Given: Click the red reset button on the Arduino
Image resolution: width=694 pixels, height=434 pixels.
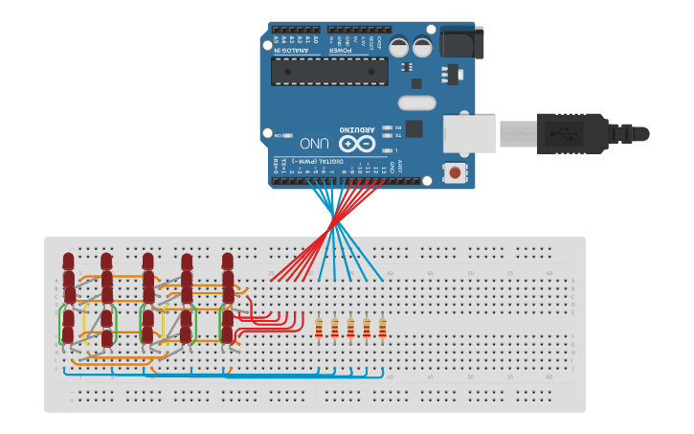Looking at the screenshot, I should point(455,172).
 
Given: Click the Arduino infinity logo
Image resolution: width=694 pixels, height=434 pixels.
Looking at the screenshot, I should point(356,144).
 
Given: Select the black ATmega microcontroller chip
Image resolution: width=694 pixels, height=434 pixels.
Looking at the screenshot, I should point(329,71).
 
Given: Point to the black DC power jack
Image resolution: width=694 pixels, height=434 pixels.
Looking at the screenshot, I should point(461,42).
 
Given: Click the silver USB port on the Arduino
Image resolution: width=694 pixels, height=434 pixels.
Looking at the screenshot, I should point(469,133).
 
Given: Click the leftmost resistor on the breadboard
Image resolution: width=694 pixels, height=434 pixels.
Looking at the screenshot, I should point(319,328).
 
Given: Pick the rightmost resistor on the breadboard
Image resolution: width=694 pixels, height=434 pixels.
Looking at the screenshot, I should point(382,328).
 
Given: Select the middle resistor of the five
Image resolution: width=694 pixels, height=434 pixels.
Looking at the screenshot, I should point(350,328).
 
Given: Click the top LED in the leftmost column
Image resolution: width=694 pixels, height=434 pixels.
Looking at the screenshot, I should point(68,262).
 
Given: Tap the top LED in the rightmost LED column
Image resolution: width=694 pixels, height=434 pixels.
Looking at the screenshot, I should point(227,262).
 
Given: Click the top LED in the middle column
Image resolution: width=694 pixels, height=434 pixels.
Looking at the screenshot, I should point(147,262).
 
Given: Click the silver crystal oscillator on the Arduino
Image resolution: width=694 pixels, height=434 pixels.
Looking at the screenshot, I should point(415,102).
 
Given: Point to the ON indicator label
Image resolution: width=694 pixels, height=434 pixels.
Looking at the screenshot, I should point(279,136).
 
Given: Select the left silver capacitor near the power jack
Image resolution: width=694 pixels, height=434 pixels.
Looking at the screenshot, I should point(398,47).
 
